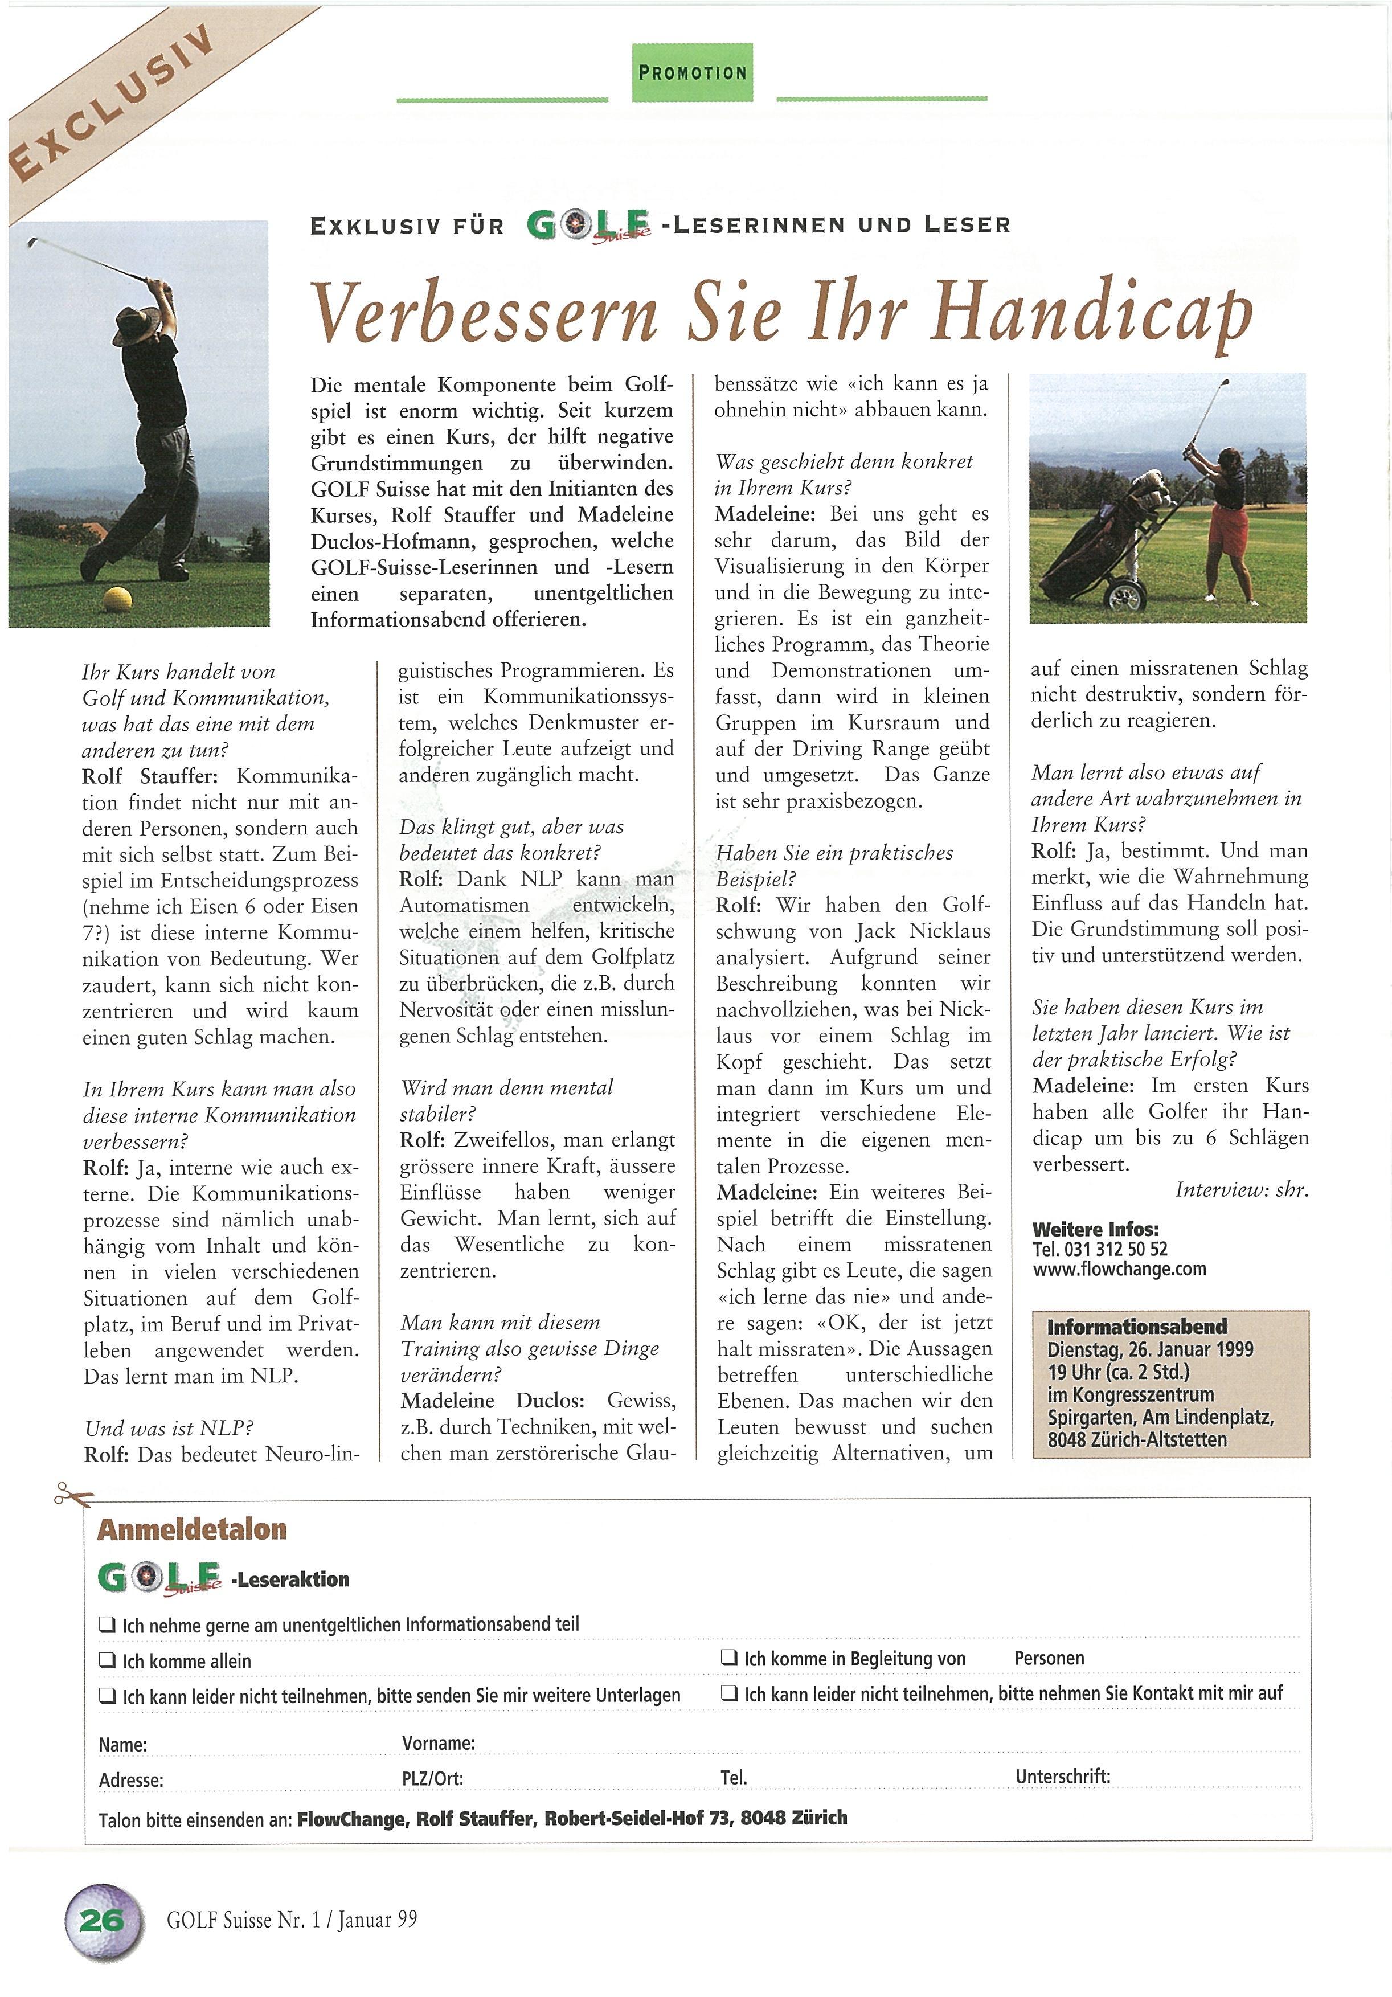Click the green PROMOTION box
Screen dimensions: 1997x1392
[692, 73]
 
